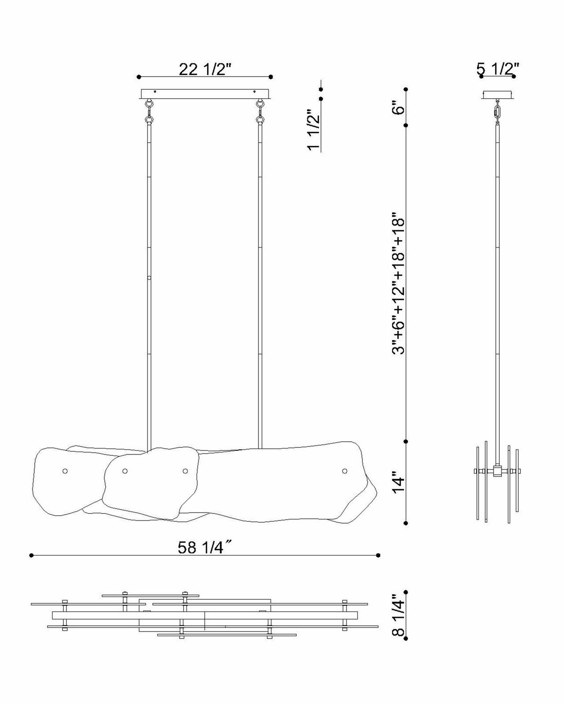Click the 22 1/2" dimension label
pyautogui.click(x=205, y=69)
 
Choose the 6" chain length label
pyautogui.click(x=399, y=107)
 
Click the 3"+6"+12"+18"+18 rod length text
pyautogui.click(x=399, y=284)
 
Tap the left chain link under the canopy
pyautogui.click(x=149, y=111)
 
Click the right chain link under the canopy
pyautogui.click(x=261, y=111)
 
